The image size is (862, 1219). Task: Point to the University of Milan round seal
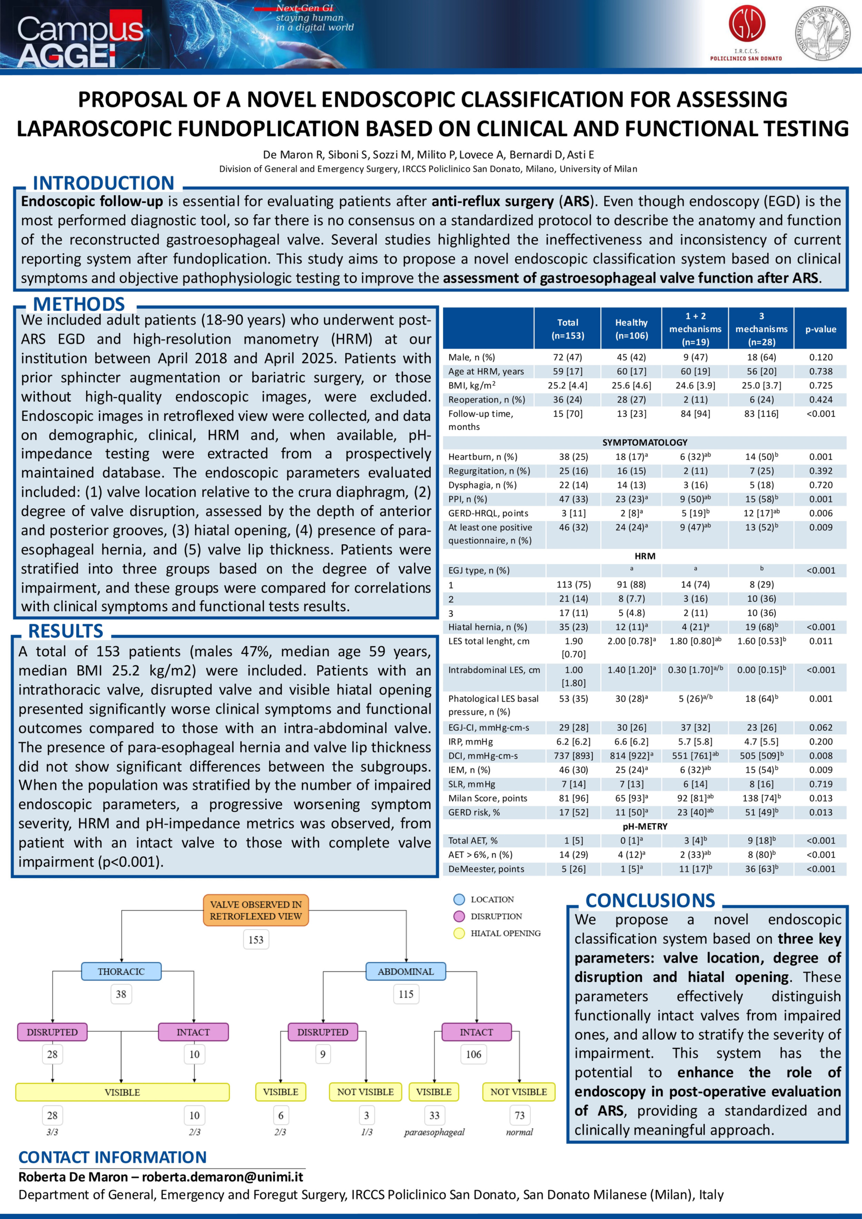[826, 33]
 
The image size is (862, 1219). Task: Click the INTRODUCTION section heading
[103, 183]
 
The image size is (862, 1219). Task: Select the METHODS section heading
[79, 304]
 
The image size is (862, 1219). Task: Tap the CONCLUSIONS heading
[650, 900]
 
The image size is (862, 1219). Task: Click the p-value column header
[821, 329]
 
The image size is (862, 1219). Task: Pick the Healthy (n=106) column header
[631, 329]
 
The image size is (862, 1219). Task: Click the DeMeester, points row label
[485, 869]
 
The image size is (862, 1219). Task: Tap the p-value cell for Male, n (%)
[821, 357]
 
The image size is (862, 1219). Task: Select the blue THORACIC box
[121, 971]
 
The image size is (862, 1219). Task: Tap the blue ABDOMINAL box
[406, 971]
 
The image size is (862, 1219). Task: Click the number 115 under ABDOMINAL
[406, 994]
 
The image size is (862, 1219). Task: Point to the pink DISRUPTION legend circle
[459, 916]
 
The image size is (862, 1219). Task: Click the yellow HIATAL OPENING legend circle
[459, 933]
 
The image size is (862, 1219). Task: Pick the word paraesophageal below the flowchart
[434, 1132]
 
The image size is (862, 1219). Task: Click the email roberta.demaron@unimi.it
[222, 1177]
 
